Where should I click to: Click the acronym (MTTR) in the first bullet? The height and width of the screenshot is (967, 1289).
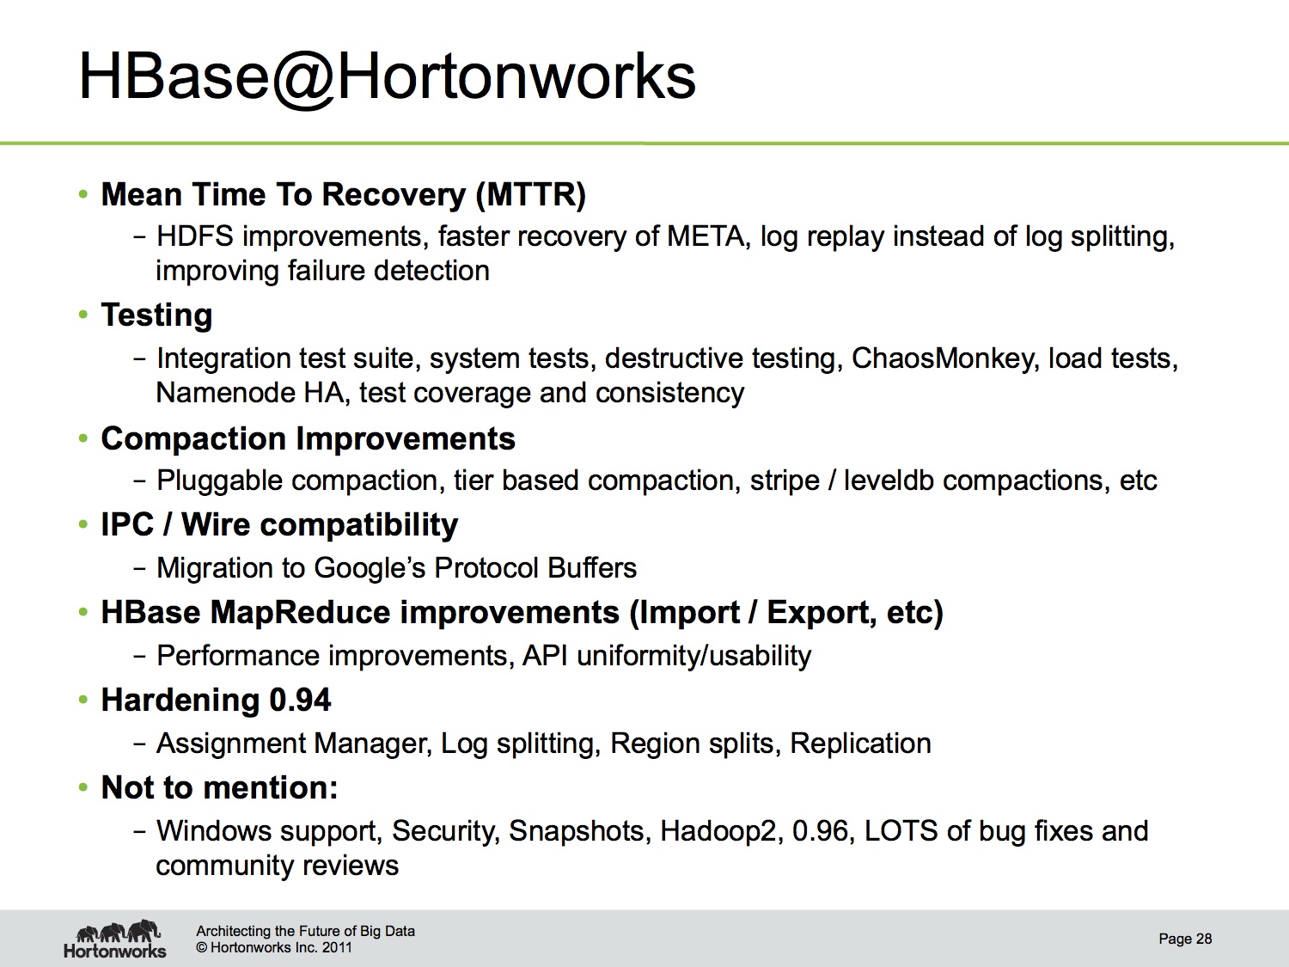531,194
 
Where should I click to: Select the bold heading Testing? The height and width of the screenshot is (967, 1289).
156,315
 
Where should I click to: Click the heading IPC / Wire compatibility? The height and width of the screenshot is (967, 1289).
279,524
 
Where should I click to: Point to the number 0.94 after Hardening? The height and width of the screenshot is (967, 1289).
300,700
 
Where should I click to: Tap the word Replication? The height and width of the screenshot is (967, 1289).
860,744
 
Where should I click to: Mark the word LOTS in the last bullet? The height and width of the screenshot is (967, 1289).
901,831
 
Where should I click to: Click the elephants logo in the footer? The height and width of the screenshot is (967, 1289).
118,931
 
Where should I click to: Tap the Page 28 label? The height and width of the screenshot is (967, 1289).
1185,939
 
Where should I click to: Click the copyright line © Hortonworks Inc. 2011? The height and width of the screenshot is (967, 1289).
273,947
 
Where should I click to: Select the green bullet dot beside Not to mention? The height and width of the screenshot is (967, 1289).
82,787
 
